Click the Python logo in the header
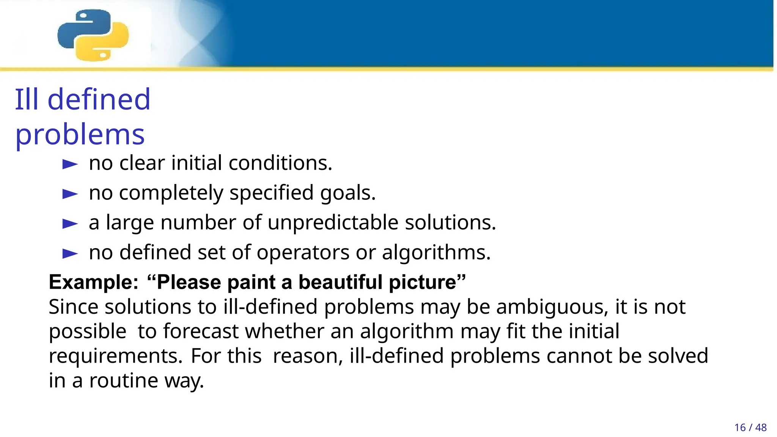coord(93,35)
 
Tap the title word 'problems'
coord(80,135)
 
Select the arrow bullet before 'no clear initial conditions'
coord(70,164)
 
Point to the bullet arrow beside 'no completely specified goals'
coord(70,194)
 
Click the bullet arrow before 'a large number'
coord(70,224)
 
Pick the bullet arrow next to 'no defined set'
coord(70,253)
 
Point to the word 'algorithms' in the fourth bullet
coord(436,253)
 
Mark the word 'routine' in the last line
coord(123,380)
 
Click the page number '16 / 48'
coord(750,428)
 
